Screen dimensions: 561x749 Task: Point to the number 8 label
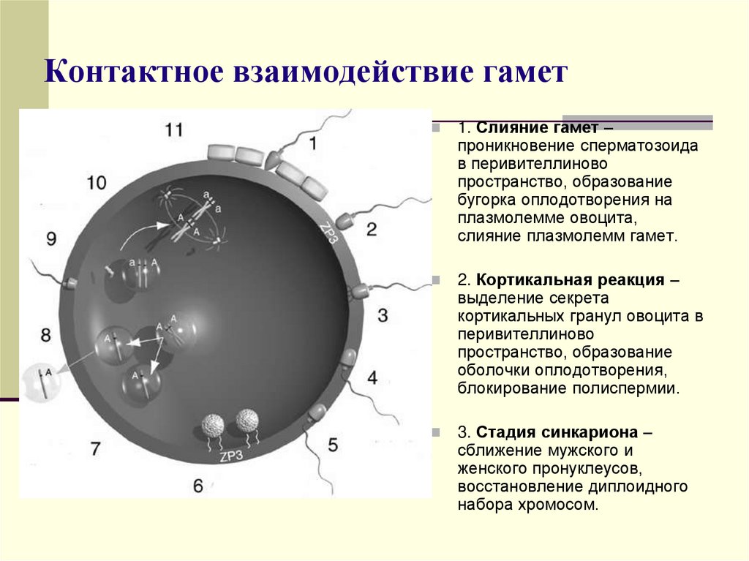(x=46, y=336)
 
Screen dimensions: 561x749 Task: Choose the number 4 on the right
(x=372, y=378)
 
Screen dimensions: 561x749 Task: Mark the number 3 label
(x=383, y=316)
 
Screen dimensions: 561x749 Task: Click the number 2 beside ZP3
(x=372, y=230)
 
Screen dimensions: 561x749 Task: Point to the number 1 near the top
(x=313, y=144)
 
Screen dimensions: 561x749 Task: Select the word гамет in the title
(x=520, y=75)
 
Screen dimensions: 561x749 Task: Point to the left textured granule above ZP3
(x=214, y=424)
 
